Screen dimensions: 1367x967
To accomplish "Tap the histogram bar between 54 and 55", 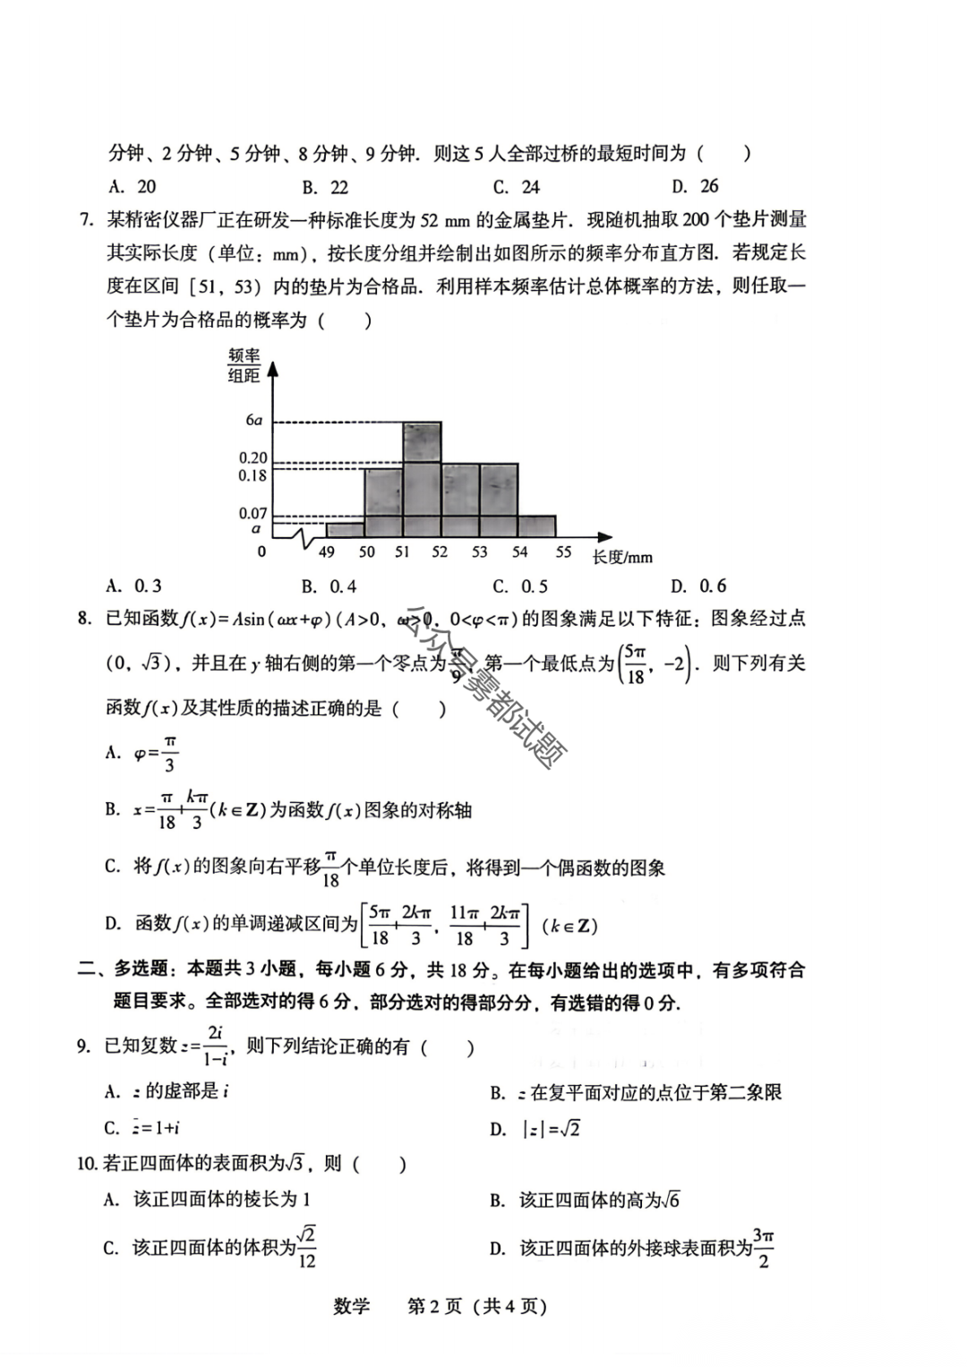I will (536, 526).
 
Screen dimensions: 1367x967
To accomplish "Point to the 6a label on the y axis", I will (254, 421).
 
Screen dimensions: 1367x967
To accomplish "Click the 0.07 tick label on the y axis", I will (252, 513).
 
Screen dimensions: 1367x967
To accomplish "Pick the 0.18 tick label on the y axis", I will (252, 476).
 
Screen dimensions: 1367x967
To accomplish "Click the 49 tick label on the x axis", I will (326, 552).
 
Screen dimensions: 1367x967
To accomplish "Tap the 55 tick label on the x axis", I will (562, 552).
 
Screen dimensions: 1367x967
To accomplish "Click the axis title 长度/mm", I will (622, 558).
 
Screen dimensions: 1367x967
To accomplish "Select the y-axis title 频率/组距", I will (244, 366).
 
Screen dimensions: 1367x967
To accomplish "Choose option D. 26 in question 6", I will (696, 186).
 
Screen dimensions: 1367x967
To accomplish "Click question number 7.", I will (86, 220).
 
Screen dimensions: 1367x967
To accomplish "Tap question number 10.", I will (87, 1164).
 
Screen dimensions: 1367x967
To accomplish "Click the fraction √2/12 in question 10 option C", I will (306, 1247).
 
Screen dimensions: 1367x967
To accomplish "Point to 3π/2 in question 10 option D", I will (763, 1247).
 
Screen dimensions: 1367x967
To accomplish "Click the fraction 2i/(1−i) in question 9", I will (215, 1046).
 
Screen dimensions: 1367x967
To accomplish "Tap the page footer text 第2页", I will (434, 1306).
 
